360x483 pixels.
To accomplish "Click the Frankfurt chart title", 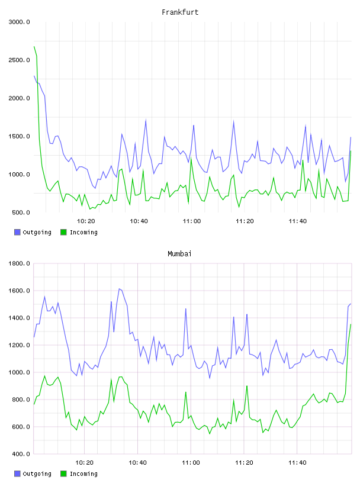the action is [180, 12].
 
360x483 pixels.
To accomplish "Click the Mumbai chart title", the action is [179, 254].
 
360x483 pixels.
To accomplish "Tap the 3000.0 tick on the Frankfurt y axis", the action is [19, 22].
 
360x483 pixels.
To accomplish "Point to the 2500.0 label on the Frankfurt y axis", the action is [19, 60].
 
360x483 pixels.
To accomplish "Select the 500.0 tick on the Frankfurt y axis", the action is [21, 212].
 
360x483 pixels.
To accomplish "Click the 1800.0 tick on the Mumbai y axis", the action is [19, 263].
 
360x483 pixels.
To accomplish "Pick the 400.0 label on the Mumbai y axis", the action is [21, 454].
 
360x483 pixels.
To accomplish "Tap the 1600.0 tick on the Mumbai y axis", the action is [19, 291].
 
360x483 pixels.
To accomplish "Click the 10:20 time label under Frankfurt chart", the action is [86, 221].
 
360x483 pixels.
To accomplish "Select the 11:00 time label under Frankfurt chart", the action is [192, 221].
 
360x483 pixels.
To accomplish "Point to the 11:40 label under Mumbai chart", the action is [297, 463].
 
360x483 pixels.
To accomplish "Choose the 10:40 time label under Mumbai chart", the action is [137, 463].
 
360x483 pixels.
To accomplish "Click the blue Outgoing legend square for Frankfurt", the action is [17, 232].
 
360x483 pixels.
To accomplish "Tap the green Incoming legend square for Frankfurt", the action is [63, 232].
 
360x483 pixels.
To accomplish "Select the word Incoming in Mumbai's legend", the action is [83, 474].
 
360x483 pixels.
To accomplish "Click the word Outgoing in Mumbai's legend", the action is [37, 474].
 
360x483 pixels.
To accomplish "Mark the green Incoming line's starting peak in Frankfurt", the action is [34, 47].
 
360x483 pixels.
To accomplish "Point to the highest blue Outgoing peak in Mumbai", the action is [119, 289].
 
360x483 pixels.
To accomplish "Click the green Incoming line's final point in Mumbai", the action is [351, 324].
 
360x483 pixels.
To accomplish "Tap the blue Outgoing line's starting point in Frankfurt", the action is [34, 76].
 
